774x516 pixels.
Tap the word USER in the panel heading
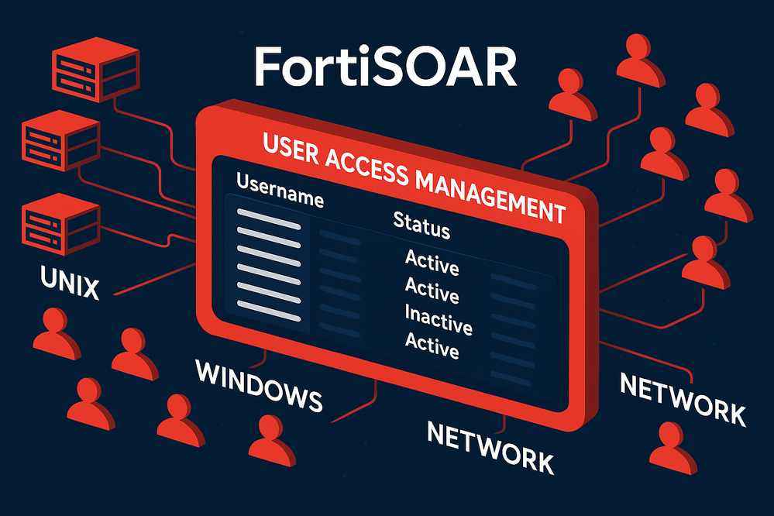293,148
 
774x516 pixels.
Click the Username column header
279,190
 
